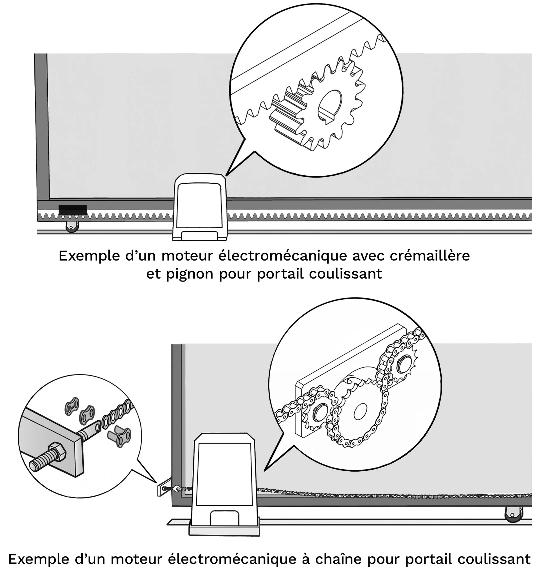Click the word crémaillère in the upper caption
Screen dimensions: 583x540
pyautogui.click(x=429, y=256)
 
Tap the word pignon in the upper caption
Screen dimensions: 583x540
pyautogui.click(x=190, y=275)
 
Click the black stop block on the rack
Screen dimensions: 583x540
pyautogui.click(x=73, y=210)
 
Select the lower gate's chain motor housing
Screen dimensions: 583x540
pyautogui.click(x=224, y=479)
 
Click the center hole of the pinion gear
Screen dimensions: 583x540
pyautogui.click(x=330, y=105)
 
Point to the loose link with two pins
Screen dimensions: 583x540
pyautogui.click(x=120, y=436)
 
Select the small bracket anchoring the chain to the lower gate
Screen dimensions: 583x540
pyautogui.click(x=162, y=487)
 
